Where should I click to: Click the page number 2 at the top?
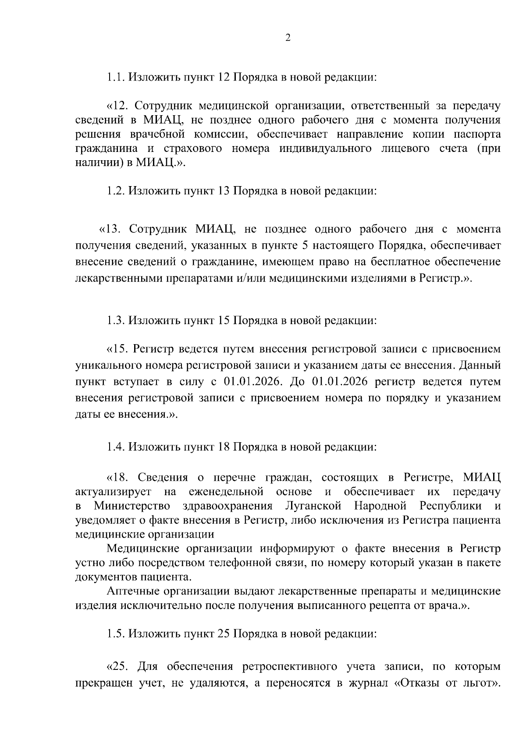tap(288, 38)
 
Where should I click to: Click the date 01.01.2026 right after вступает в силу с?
tap(252, 381)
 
